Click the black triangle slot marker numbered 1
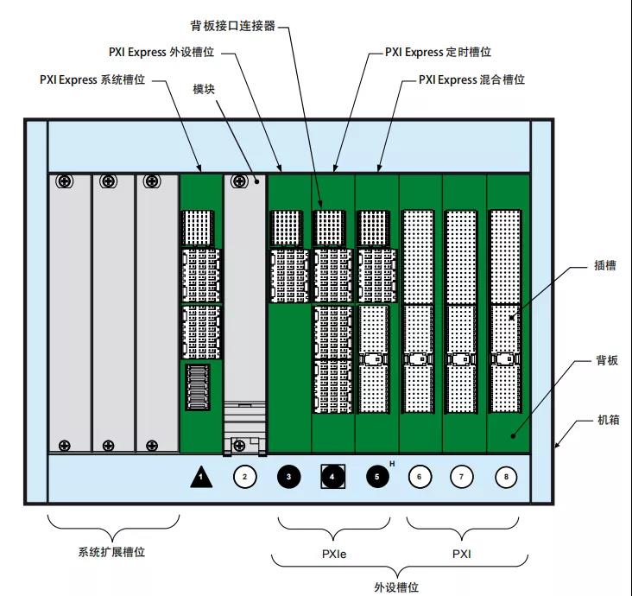tap(201, 476)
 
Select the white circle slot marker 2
tap(244, 476)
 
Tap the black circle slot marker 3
tap(289, 476)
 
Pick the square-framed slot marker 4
tap(333, 476)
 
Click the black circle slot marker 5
tap(377, 476)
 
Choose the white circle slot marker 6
tap(420, 476)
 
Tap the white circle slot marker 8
tap(508, 476)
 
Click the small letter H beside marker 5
tap(393, 465)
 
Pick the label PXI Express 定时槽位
tap(438, 52)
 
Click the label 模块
tap(204, 89)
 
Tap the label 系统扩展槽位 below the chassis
tap(113, 549)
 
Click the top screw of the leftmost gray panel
tap(65, 181)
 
